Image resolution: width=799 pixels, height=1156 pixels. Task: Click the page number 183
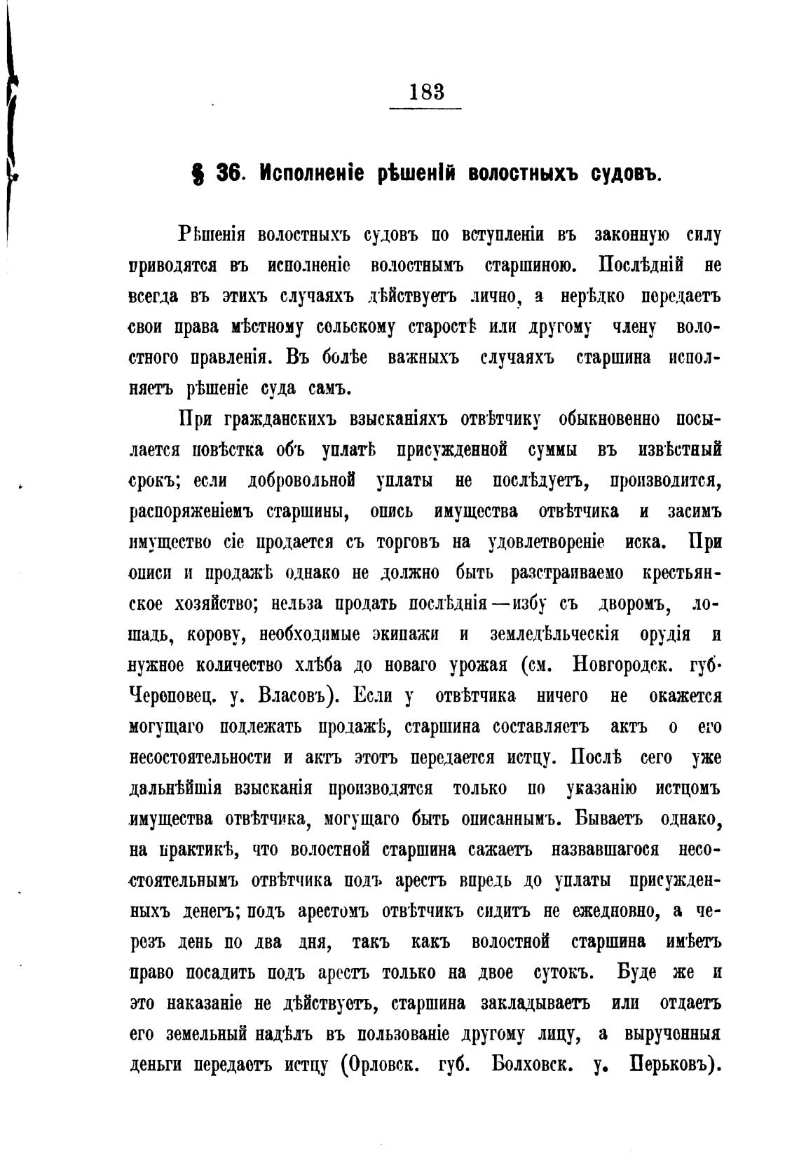[425, 92]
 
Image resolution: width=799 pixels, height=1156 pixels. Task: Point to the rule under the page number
[425, 109]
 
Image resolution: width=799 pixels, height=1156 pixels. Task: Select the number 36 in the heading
[228, 173]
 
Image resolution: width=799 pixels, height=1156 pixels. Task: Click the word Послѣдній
[641, 266]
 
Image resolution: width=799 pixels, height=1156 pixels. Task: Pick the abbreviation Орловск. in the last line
[381, 1066]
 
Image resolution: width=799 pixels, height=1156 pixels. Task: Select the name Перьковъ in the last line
[676, 1066]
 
